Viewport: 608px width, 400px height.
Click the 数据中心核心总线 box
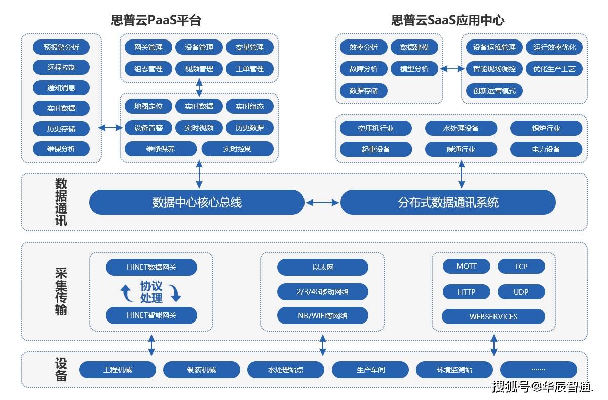coord(197,203)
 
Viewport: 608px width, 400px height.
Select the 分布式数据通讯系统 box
coord(448,203)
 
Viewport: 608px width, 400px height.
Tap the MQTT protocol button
coord(466,266)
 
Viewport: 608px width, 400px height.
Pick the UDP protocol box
coord(521,292)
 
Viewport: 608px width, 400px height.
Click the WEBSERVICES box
coord(493,317)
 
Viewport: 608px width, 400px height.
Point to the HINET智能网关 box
coord(151,315)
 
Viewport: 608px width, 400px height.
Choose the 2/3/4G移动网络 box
coord(322,292)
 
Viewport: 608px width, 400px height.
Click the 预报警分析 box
coord(61,48)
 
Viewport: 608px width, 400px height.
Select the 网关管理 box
coord(148,48)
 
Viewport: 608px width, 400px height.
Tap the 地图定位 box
coord(148,106)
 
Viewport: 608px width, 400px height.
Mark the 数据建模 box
coord(414,48)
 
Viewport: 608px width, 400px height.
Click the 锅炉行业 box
coord(546,128)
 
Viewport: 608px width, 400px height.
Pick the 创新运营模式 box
coord(494,91)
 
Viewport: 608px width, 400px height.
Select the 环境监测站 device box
coord(454,370)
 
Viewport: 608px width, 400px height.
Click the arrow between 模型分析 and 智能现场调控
coord(452,69)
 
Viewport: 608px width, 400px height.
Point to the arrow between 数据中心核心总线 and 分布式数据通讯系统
coord(322,203)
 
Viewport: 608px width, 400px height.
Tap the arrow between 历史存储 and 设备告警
coord(110,128)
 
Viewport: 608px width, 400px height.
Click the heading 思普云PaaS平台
coord(156,20)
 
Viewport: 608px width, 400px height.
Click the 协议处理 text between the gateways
coord(151,292)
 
